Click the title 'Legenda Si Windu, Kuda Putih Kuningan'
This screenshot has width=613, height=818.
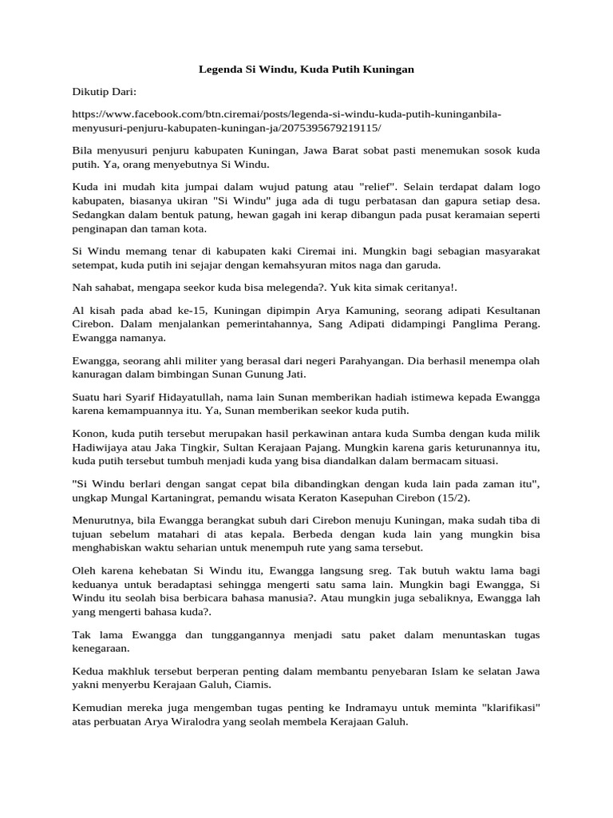(x=306, y=69)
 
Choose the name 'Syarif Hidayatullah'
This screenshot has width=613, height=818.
(x=177, y=397)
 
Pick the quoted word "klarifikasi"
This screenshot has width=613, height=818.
(x=503, y=708)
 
